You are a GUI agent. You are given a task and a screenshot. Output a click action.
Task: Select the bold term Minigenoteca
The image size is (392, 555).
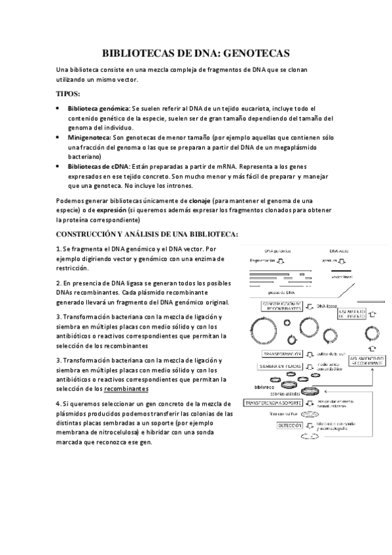click(x=88, y=138)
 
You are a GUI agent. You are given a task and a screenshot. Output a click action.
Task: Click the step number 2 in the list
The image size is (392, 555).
click(x=58, y=283)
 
